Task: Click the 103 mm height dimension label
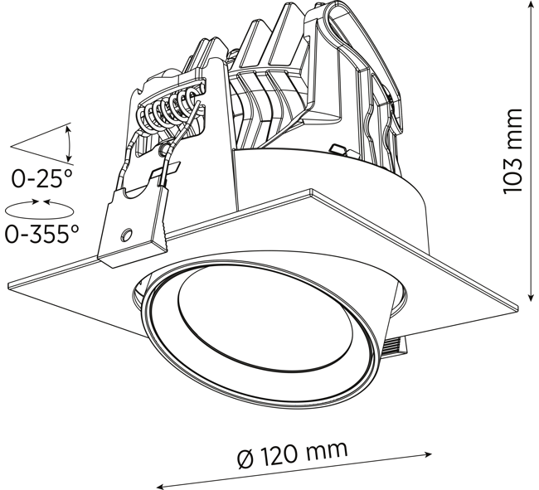point(512,151)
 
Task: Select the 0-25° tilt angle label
point(42,178)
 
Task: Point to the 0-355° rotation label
point(41,234)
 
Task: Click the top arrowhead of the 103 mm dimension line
point(532,4)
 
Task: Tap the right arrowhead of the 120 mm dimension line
point(428,454)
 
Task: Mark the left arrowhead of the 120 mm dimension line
point(161,486)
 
